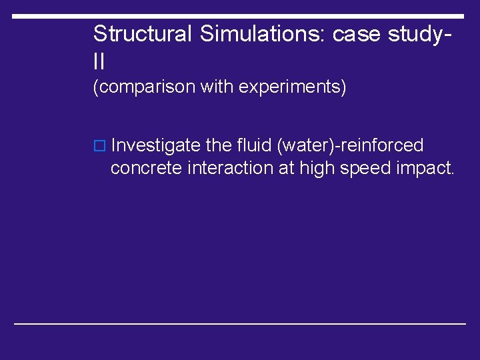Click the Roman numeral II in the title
click(x=99, y=62)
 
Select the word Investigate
click(x=155, y=145)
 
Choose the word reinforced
click(x=383, y=145)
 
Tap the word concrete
click(x=147, y=169)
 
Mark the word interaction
click(x=229, y=168)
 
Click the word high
click(x=317, y=169)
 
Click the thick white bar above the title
click(x=238, y=16)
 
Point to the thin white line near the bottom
click(x=240, y=323)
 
